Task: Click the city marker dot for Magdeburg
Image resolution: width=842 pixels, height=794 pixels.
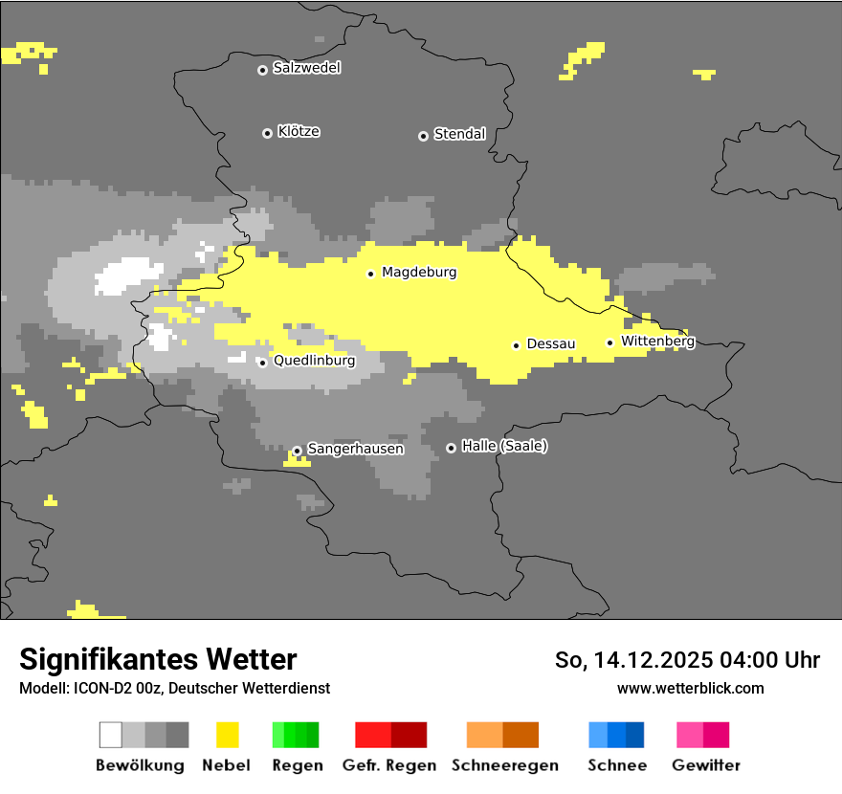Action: (x=371, y=274)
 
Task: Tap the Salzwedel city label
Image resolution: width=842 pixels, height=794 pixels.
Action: (x=306, y=68)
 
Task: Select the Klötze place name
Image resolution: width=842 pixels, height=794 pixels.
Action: (x=299, y=131)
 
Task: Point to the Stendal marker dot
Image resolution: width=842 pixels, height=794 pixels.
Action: (x=423, y=136)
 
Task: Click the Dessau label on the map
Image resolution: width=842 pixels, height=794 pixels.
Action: (x=551, y=343)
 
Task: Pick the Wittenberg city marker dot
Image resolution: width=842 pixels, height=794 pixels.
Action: (x=609, y=342)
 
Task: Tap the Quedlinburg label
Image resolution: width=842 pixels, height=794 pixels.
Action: (x=314, y=361)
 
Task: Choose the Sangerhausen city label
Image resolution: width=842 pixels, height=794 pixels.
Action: (x=355, y=449)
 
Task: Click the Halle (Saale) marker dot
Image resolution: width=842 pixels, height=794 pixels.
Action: (x=451, y=448)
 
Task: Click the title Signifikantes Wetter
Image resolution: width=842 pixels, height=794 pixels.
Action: (x=158, y=659)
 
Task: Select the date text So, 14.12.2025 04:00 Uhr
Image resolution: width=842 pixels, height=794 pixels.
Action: (x=687, y=660)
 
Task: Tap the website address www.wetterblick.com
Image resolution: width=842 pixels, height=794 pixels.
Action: (x=690, y=688)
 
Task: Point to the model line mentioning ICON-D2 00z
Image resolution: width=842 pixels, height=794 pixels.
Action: (x=174, y=688)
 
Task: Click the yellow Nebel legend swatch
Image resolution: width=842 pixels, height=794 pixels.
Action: (x=227, y=735)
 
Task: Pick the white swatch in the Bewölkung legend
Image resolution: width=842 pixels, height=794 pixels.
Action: (x=110, y=735)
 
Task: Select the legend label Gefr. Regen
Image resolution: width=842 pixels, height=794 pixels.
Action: (x=389, y=765)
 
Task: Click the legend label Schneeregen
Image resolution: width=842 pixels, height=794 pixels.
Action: (x=505, y=765)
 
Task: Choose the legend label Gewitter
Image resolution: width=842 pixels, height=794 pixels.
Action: (x=706, y=765)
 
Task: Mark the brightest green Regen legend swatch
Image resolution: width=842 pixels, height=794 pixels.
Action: (x=278, y=735)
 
